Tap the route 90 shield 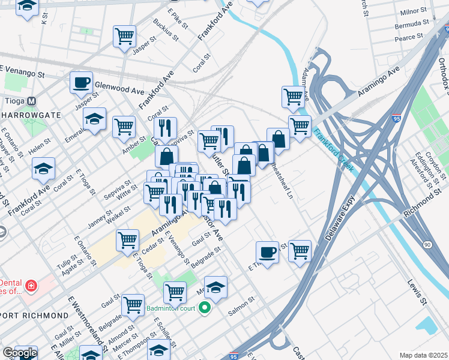[x=427, y=245]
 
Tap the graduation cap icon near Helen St [x=44, y=169]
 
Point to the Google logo [x=19, y=353]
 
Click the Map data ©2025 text [x=423, y=355]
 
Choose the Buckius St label [x=166, y=29]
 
